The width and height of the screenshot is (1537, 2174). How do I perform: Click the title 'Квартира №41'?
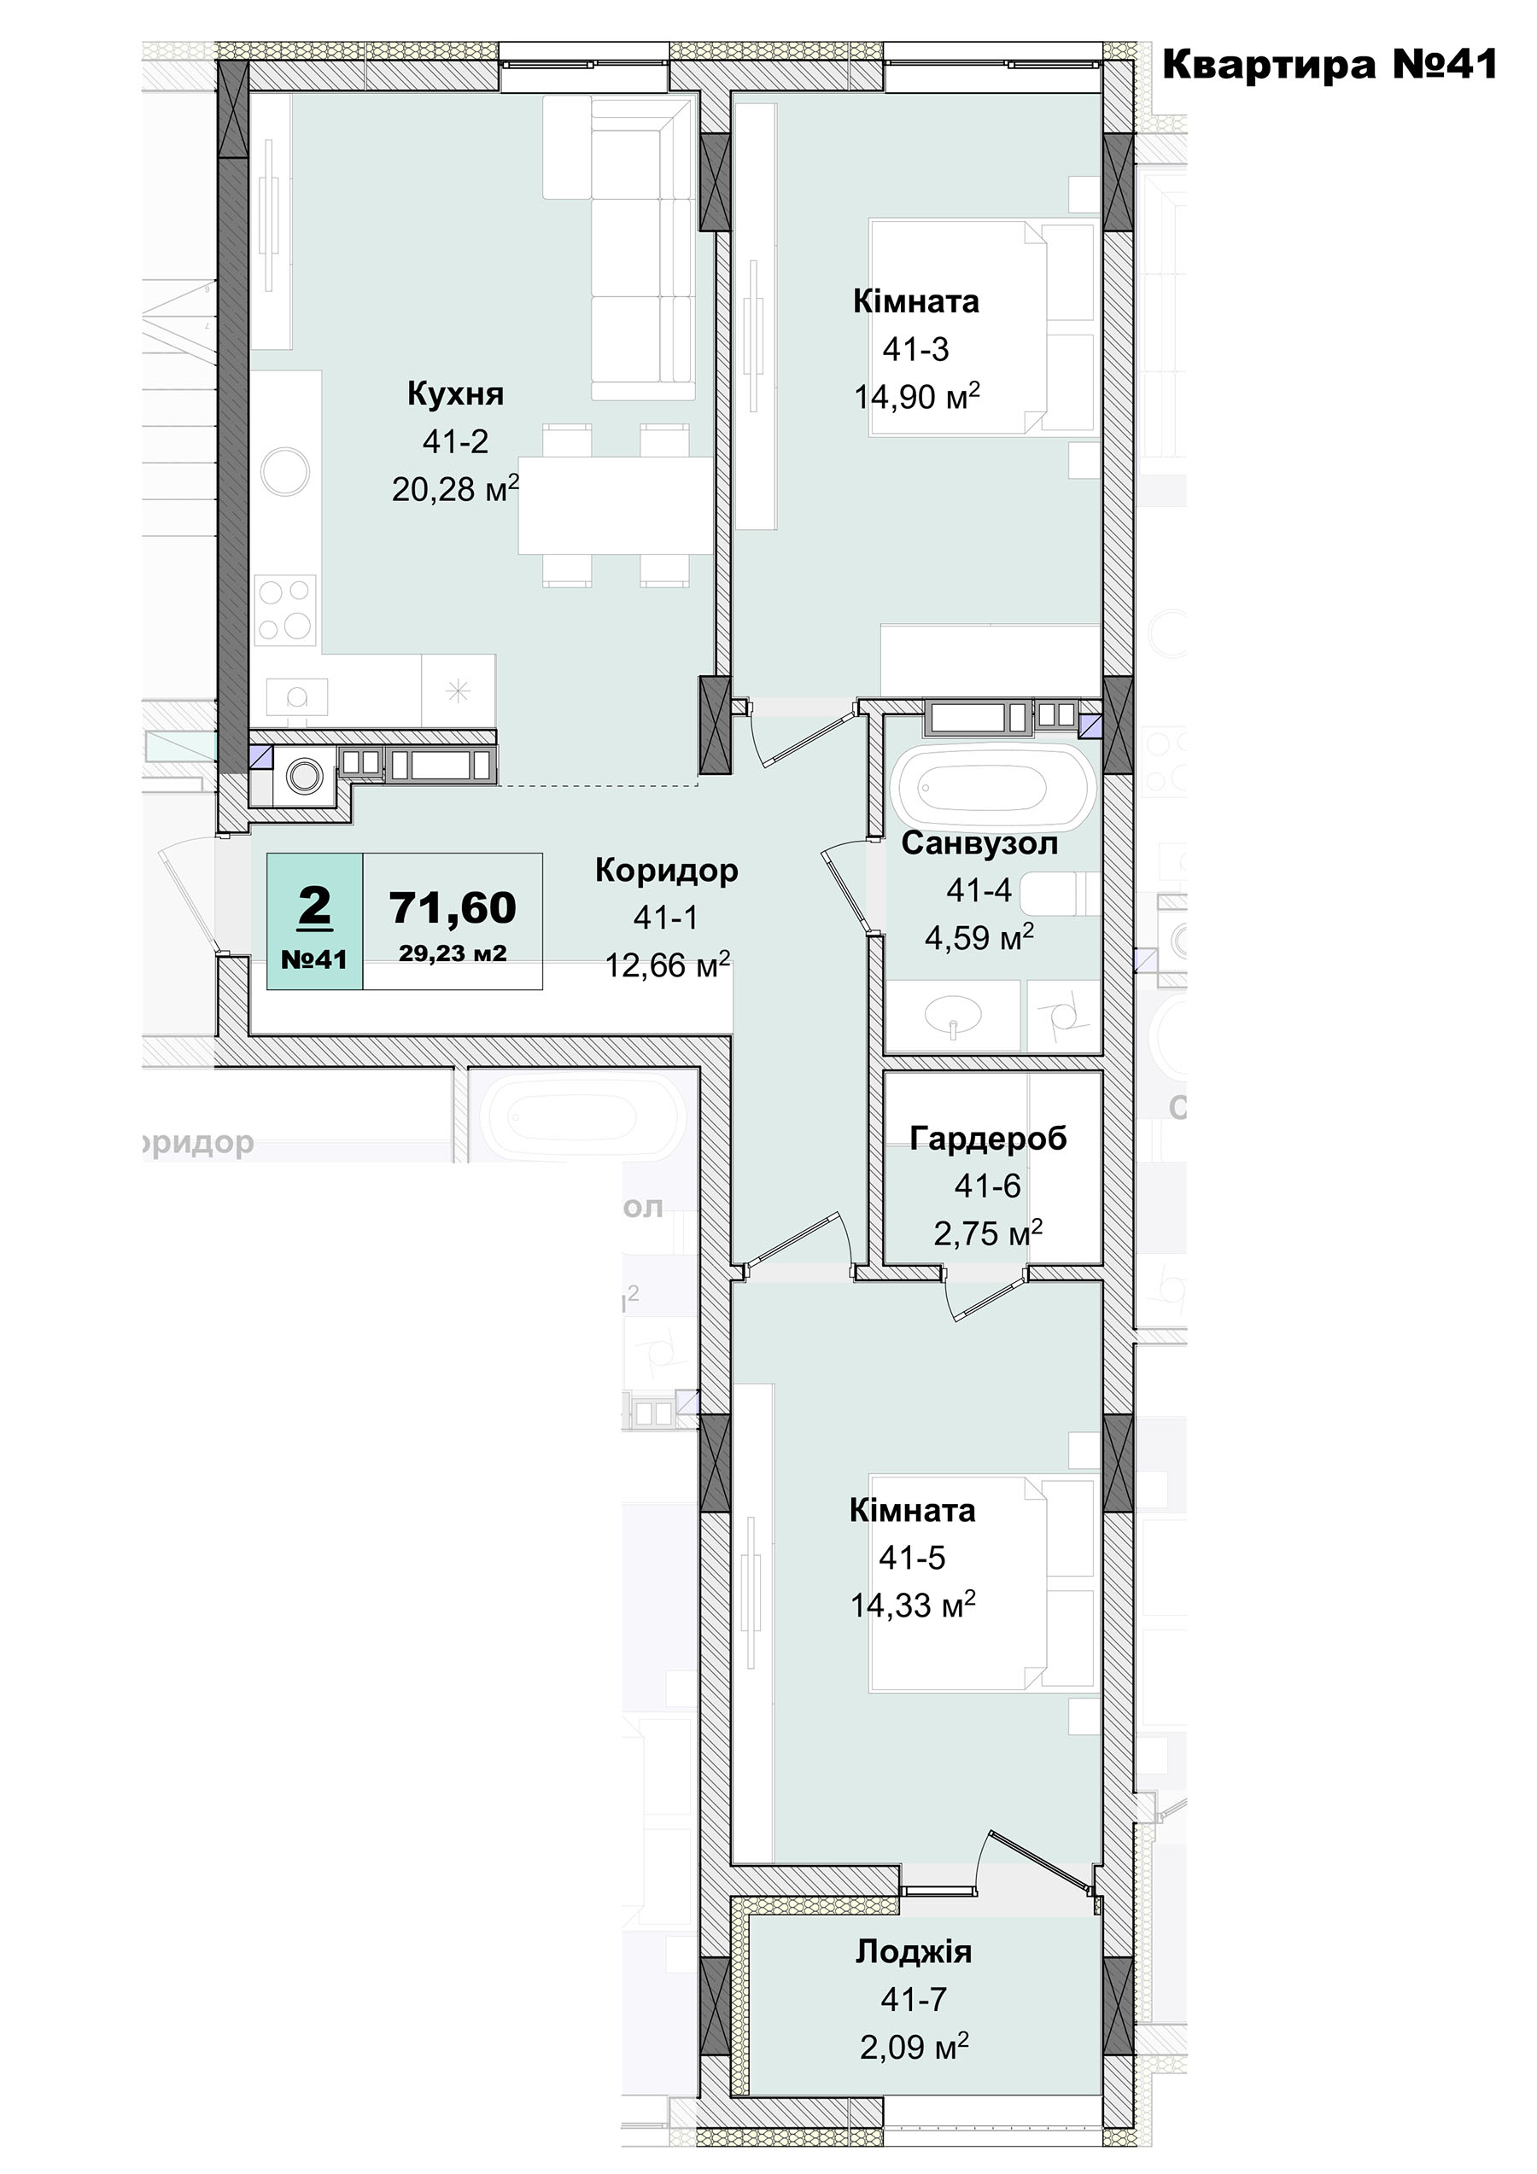click(x=1330, y=64)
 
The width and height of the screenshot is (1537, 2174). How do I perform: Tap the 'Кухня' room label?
click(x=455, y=393)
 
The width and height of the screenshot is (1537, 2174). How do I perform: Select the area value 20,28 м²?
click(x=455, y=488)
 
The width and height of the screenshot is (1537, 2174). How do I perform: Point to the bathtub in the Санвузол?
click(x=991, y=788)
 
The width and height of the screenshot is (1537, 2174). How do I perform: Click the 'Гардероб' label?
click(x=988, y=1137)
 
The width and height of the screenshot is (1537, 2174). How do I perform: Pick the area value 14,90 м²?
click(x=917, y=396)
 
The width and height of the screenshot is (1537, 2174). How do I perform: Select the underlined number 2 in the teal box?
click(x=314, y=906)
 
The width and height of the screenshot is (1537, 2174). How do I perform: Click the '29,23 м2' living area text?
click(x=453, y=953)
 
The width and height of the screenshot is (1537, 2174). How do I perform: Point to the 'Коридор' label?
click(x=667, y=870)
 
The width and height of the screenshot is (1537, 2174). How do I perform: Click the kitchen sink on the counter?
click(x=296, y=696)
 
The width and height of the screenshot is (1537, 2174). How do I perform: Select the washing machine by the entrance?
click(x=304, y=777)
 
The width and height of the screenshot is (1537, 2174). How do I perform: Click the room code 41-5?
click(x=912, y=1557)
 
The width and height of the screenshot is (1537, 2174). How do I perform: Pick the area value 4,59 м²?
click(x=979, y=937)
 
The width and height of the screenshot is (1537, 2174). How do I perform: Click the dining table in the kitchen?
click(x=616, y=504)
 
